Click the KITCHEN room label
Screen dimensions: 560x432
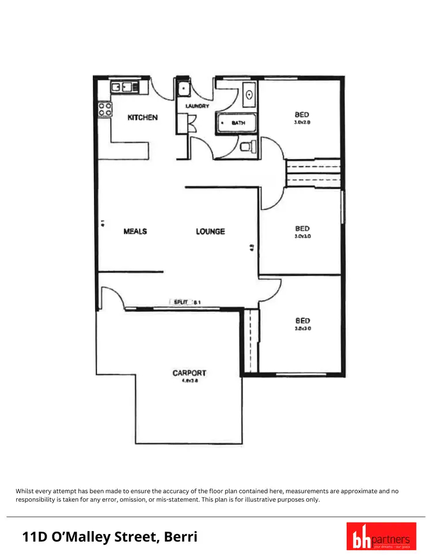click(x=142, y=118)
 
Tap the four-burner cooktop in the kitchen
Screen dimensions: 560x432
click(x=105, y=109)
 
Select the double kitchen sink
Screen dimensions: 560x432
click(x=124, y=88)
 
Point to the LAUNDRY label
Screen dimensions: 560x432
click(x=196, y=106)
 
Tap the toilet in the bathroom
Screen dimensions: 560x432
click(x=246, y=146)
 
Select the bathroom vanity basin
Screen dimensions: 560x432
click(x=249, y=94)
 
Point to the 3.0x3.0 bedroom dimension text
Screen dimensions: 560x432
click(x=302, y=236)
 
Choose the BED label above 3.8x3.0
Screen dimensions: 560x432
click(x=302, y=321)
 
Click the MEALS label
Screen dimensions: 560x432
click(x=135, y=231)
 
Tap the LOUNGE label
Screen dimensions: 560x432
click(x=210, y=231)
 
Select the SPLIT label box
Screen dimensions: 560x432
click(x=180, y=302)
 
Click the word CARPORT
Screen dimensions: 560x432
click(x=189, y=373)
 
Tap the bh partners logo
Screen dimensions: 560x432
click(x=381, y=536)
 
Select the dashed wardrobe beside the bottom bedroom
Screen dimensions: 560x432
click(x=251, y=341)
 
